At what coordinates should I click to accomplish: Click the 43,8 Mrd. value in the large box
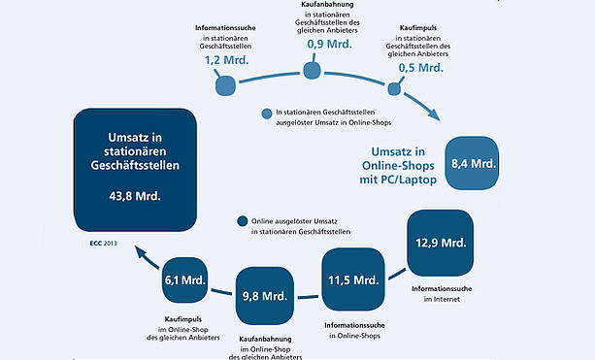pos(135,196)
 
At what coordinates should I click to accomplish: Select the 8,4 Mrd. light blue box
pos(472,163)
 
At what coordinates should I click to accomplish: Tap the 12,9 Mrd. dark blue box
pos(440,243)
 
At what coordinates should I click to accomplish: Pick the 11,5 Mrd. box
pos(353,279)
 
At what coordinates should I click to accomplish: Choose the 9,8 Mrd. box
pos(265,296)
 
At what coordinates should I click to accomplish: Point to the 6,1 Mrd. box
pos(184,280)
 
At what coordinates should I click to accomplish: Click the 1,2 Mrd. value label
pos(226,60)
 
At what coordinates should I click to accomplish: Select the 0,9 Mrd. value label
pos(330,44)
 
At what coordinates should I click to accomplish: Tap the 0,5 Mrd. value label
pos(421,68)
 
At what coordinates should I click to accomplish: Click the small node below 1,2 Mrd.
pos(226,85)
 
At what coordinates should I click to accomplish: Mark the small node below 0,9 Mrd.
pos(313,71)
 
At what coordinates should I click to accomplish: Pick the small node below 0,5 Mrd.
pos(394,89)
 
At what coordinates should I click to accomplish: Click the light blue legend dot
pos(267,114)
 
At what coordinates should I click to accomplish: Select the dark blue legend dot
pos(242,221)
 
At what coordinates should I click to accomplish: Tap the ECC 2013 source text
pos(104,244)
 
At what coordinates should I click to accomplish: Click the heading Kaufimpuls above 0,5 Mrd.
pos(418,28)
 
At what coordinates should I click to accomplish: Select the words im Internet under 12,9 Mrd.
pos(442,299)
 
